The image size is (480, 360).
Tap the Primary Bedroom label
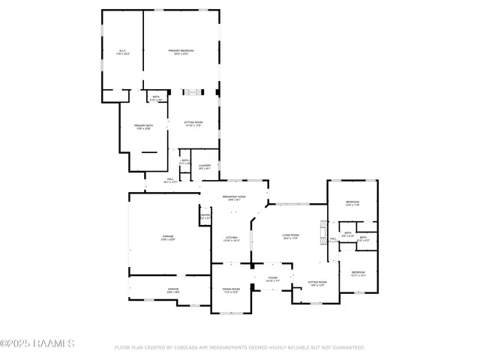coord(181,51)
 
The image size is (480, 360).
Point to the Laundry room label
coord(205,166)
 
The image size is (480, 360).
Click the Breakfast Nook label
coord(233,198)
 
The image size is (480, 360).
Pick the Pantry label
coord(205,217)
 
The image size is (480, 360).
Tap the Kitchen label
coord(230,238)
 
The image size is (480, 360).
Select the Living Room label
coord(290,236)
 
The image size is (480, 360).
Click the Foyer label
coord(271,278)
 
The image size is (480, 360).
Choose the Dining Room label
coord(230,289)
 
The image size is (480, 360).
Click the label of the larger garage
coord(167,238)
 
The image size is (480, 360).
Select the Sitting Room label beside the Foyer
coord(316,283)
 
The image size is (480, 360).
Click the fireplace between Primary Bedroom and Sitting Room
coord(193,92)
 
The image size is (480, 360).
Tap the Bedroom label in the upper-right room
coord(352,203)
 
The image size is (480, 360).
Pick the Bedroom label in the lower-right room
coord(358,273)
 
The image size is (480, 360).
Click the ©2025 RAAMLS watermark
coord(37,344)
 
